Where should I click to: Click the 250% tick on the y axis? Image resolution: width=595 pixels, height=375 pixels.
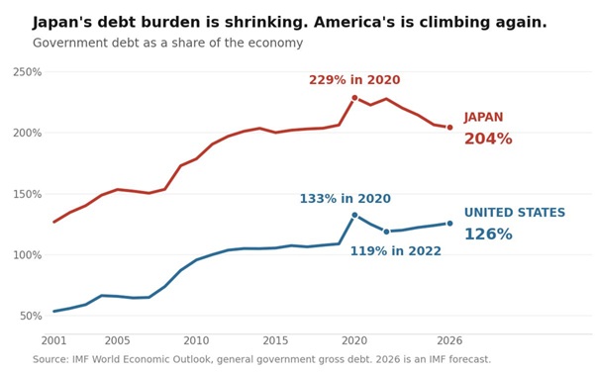coord(27,72)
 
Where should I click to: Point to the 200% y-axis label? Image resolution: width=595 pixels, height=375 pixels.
coord(27,134)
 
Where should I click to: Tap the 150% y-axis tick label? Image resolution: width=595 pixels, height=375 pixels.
coord(27,194)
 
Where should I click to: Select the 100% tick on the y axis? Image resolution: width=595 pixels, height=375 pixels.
coord(27,255)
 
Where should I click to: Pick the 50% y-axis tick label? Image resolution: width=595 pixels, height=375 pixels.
coord(31,317)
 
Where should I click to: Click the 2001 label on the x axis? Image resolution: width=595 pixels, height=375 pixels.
coord(53,340)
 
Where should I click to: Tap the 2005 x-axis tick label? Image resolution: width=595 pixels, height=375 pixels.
coord(117,340)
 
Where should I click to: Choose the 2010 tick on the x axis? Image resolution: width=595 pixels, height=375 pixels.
coord(196,340)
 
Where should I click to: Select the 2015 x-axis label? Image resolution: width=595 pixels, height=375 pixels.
coord(275,340)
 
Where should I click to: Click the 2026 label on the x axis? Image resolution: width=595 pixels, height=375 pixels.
coord(449,340)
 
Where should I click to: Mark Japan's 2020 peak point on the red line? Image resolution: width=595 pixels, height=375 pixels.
coord(354,98)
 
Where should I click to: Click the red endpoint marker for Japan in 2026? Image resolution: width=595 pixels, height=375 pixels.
coord(449,128)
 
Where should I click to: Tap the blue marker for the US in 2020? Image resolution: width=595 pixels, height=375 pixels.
coord(354,215)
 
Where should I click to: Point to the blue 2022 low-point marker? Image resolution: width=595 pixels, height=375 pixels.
coord(386,232)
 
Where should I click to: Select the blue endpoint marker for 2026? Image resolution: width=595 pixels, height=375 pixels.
coord(449,224)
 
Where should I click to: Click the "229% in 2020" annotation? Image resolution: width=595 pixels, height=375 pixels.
coord(354,80)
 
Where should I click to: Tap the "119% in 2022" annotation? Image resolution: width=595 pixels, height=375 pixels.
coord(395,251)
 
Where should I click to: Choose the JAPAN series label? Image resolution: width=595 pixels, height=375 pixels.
coord(483,117)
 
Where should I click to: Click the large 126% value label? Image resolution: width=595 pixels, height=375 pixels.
coord(488,234)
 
